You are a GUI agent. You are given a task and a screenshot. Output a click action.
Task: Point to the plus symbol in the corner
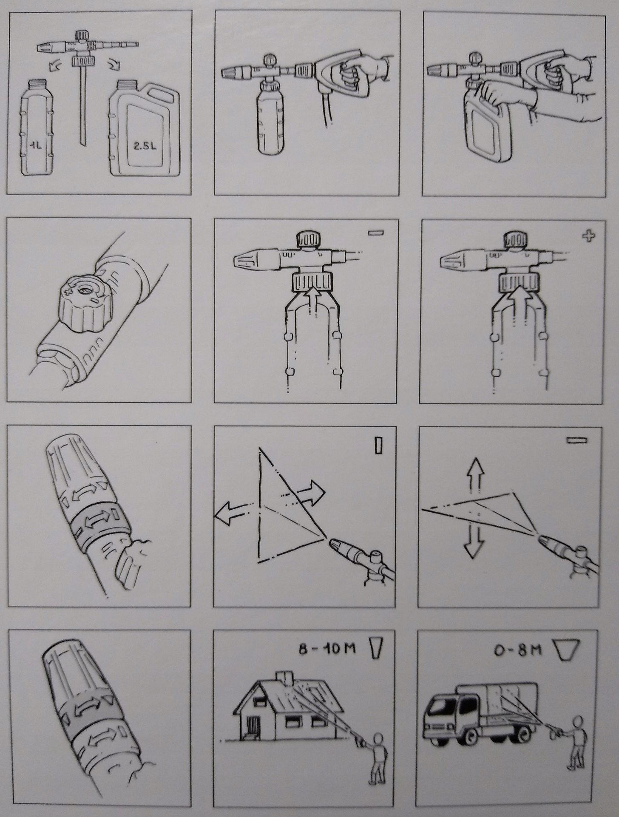[x=588, y=237]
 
